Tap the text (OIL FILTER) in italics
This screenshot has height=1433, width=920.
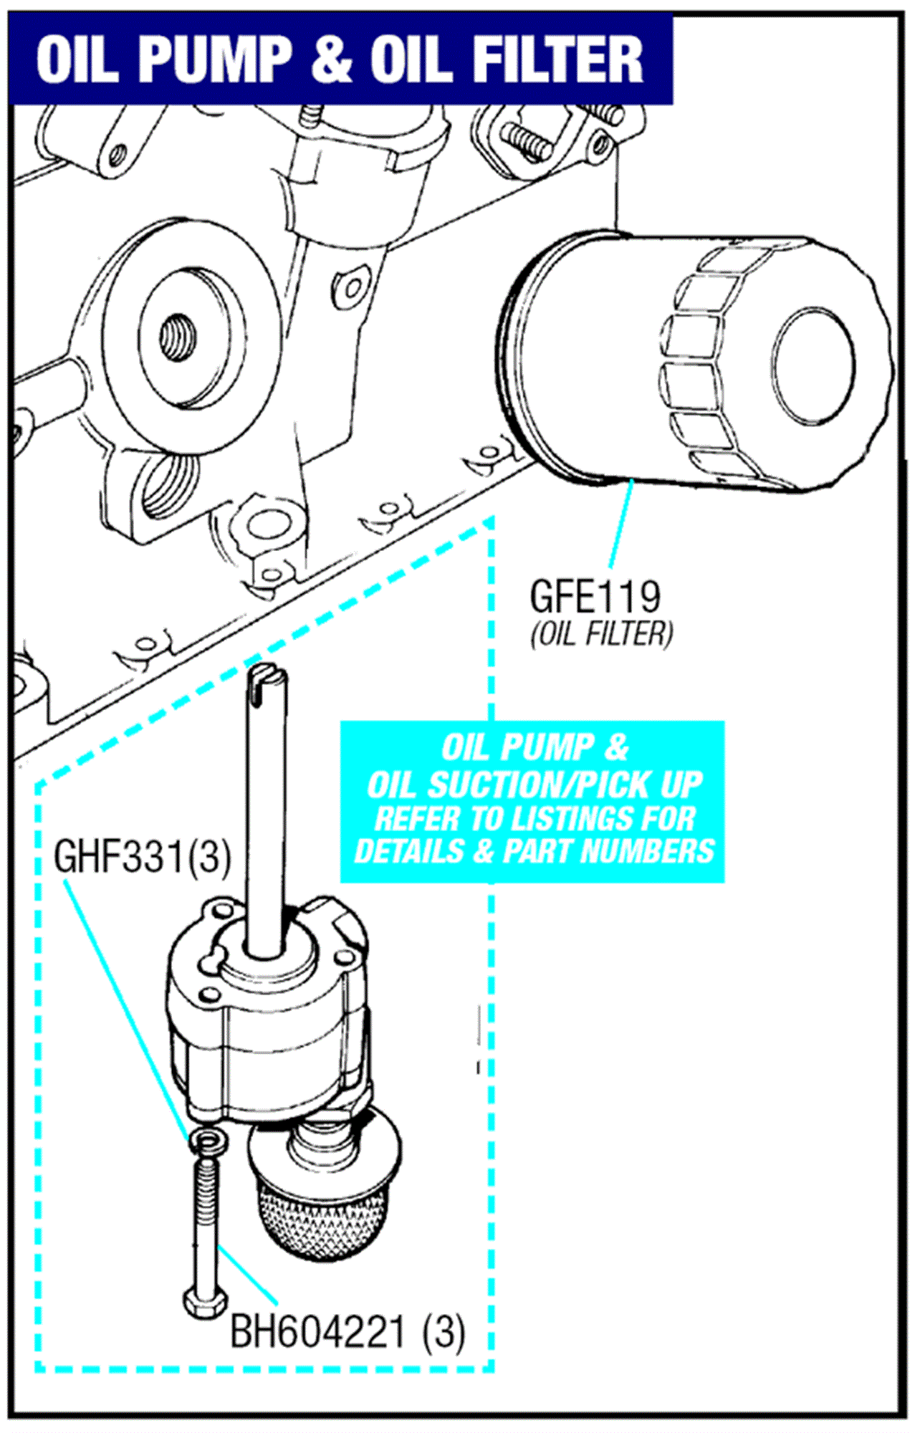click(601, 634)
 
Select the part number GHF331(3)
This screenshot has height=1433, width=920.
click(143, 856)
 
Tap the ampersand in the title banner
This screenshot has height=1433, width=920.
click(332, 59)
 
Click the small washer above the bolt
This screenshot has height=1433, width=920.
click(207, 1139)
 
